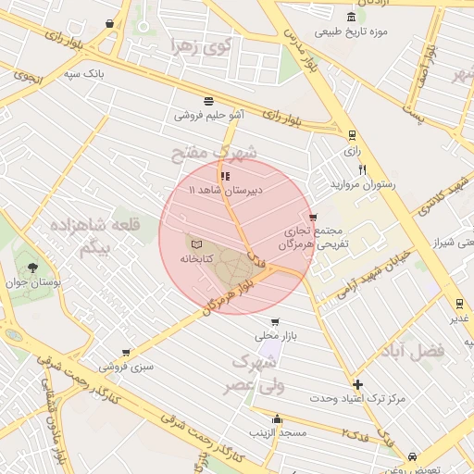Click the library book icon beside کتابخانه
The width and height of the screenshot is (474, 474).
pos(194,243)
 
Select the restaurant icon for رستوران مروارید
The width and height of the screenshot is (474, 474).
pos(362,169)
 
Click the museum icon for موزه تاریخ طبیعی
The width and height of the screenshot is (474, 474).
pos(350,17)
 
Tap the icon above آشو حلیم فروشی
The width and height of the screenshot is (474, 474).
pos(209,102)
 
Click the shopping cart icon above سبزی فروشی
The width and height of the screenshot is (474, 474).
pos(125,352)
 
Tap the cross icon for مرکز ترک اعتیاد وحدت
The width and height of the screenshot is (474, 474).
pos(358,384)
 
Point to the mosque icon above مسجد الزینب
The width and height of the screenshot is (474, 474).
pos(278,419)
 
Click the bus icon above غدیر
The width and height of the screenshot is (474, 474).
pos(458,304)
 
